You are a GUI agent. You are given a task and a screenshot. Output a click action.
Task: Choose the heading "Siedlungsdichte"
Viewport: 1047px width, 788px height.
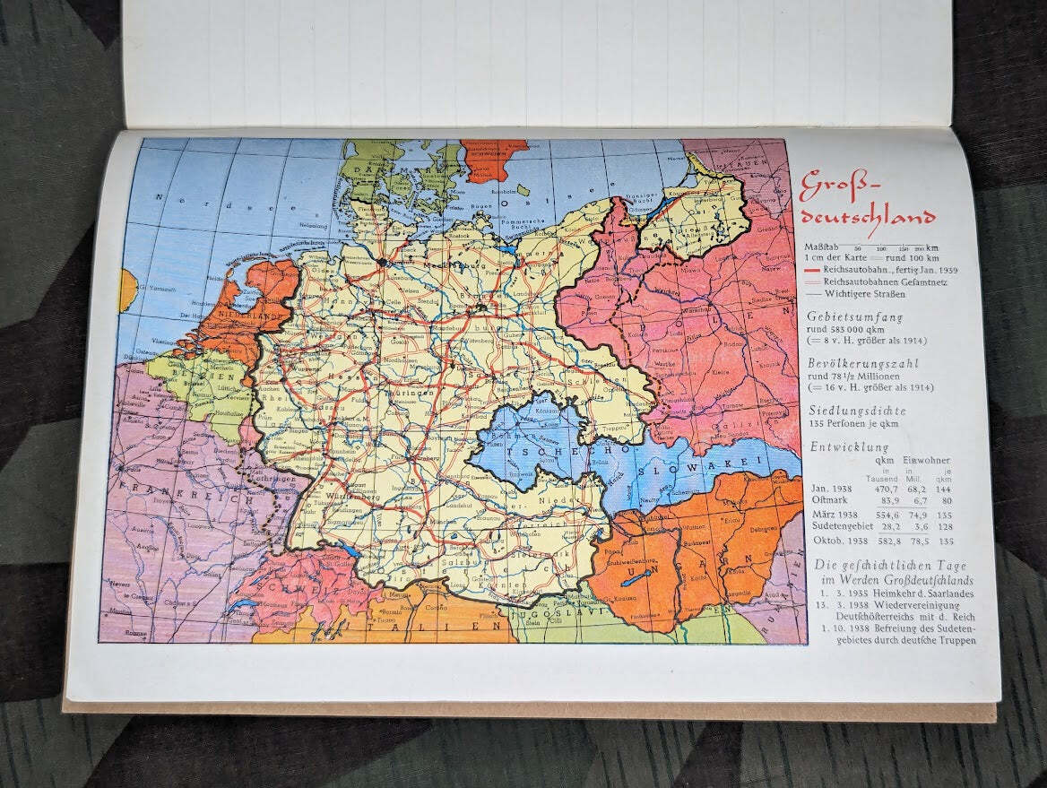point(856,411)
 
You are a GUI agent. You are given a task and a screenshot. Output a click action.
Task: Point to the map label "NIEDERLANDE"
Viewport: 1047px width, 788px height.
point(248,316)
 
